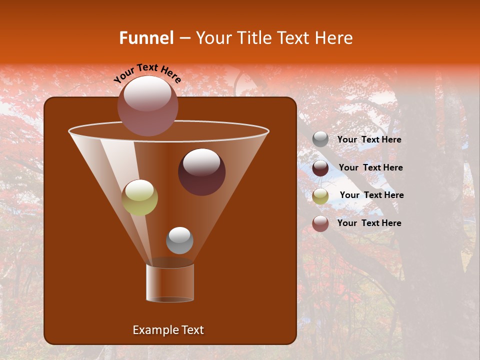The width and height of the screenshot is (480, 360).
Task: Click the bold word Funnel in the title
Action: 146,38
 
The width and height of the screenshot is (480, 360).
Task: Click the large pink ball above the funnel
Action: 148,106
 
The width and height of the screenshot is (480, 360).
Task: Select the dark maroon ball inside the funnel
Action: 201,172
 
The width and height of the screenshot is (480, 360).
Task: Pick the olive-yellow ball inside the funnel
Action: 140,197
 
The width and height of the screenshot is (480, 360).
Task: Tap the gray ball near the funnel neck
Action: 179,240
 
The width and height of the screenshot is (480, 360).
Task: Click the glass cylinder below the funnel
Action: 170,282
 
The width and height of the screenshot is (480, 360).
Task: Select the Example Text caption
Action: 168,330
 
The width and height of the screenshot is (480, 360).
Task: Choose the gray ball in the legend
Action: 320,139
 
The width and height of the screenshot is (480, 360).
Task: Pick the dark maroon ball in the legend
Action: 320,168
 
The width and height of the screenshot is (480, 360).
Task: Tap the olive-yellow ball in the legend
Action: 320,196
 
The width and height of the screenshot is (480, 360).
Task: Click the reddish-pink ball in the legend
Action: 320,223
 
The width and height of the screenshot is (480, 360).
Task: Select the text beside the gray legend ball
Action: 369,140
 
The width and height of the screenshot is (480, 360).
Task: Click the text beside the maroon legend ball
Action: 370,168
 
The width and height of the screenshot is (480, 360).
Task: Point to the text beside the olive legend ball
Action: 371,195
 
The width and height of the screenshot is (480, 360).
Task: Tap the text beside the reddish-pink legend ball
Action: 369,223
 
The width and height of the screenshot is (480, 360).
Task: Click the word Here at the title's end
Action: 336,38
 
